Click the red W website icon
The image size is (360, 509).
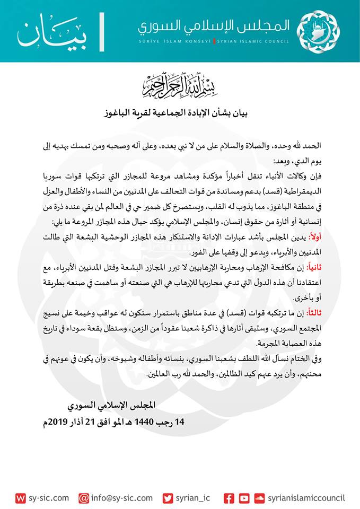click(x=21, y=498)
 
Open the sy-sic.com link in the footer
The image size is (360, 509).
click(x=49, y=498)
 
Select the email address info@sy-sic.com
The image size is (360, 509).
click(x=123, y=498)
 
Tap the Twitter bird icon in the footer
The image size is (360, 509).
click(x=168, y=498)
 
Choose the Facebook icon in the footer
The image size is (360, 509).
click(x=229, y=498)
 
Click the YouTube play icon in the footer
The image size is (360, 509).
click(x=244, y=498)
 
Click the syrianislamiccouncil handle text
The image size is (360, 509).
click(x=306, y=498)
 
